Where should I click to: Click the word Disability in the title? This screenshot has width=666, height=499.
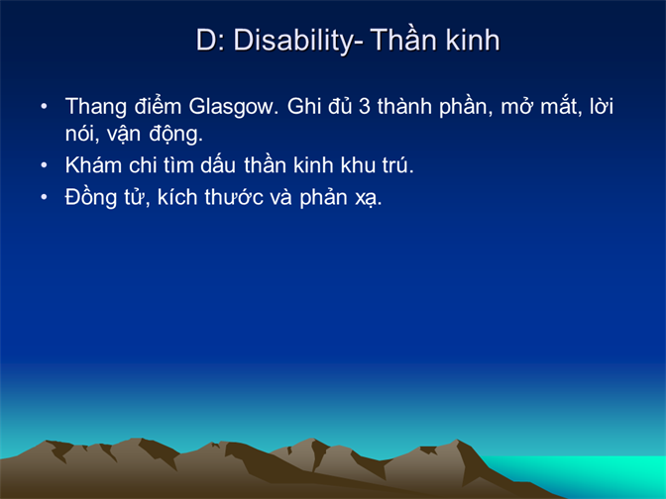[293, 42]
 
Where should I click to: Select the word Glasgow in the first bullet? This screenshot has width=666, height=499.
[233, 107]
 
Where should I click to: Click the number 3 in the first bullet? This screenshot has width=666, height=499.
[364, 106]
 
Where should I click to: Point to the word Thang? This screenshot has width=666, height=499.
[95, 107]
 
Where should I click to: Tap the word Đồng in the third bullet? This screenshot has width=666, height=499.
[90, 198]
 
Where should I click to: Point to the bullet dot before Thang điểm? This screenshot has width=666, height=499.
[44, 106]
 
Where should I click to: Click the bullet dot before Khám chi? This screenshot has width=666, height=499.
[44, 165]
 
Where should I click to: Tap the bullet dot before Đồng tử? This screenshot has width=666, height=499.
[44, 197]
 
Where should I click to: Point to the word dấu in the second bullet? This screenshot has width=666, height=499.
[218, 164]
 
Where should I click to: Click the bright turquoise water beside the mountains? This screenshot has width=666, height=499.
[595, 471]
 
